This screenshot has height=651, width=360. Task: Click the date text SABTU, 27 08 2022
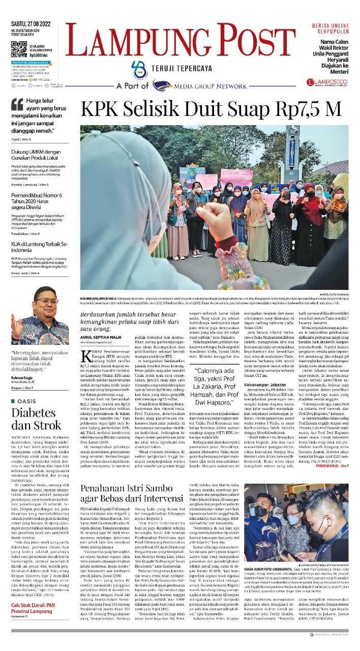32,24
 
